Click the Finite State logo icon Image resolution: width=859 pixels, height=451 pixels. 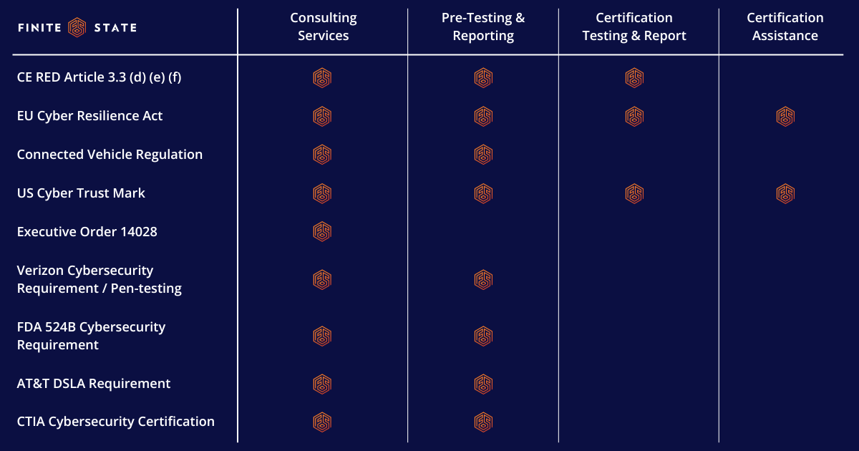tap(77, 27)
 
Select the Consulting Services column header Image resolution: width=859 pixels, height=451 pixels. tap(323, 27)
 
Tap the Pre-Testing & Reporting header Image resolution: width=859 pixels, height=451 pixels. tap(483, 27)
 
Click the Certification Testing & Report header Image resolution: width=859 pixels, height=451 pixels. tap(634, 27)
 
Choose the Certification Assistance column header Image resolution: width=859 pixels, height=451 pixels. tap(785, 27)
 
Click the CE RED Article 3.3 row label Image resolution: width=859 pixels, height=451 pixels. tap(99, 77)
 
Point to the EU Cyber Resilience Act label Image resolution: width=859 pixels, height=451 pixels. tap(89, 116)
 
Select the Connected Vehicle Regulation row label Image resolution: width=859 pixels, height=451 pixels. tap(110, 155)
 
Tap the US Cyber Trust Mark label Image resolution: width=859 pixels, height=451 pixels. tap(81, 193)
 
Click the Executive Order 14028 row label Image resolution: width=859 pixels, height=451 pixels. tap(87, 232)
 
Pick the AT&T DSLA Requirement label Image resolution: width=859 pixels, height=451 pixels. tap(94, 384)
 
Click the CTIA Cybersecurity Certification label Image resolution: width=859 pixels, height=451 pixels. tap(115, 422)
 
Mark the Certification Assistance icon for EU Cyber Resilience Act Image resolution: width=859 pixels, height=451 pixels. tap(785, 116)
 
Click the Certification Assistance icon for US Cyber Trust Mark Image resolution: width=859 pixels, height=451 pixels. tap(785, 193)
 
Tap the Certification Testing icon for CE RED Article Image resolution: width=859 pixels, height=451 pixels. tap(634, 77)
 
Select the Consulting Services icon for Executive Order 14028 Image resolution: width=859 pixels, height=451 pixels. tap(322, 231)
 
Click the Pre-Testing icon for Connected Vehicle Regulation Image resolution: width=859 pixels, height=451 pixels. tap(483, 155)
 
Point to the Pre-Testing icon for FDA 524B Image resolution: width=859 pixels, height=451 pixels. tap(483, 336)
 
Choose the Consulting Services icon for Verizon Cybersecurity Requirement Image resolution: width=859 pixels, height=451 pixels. tap(322, 279)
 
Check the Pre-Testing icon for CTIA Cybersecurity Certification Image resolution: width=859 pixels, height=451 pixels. tap(483, 422)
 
